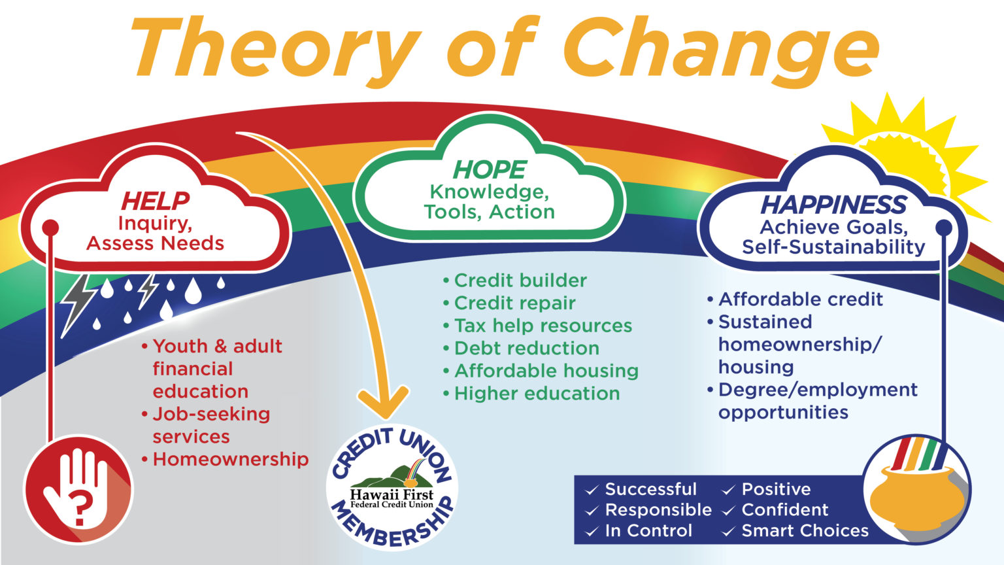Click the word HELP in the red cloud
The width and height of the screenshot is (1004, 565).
tap(155, 201)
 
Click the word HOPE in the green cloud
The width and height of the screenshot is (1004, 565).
tap(489, 169)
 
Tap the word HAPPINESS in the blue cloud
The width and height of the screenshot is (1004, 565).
tap(833, 205)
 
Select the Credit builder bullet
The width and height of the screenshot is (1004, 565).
tap(520, 281)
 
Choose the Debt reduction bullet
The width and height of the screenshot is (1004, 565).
tap(526, 348)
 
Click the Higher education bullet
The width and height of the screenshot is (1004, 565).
tap(536, 393)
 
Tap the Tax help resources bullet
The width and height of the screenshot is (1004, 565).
tap(543, 326)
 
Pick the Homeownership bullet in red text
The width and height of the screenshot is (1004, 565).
tap(230, 459)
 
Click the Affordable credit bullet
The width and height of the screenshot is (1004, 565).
tap(800, 300)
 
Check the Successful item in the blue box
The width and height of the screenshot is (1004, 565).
tap(650, 489)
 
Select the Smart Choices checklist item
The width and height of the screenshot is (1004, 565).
tap(804, 531)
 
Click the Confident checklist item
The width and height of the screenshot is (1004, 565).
tap(784, 510)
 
